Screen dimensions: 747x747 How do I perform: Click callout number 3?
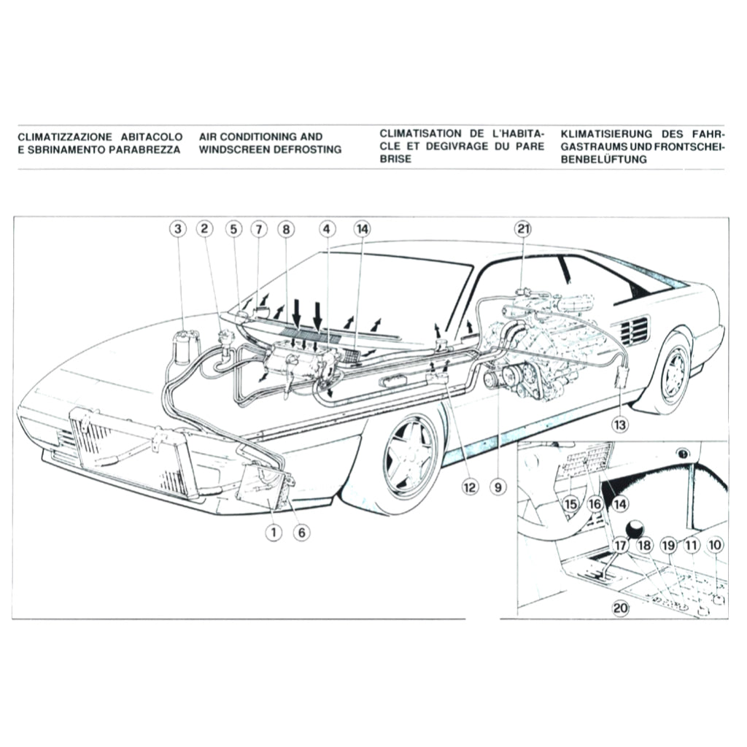click(177, 229)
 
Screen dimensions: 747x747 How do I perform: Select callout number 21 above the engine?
click(522, 229)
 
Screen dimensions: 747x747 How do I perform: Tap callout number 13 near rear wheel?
click(619, 422)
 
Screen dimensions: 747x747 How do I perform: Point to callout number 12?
click(469, 484)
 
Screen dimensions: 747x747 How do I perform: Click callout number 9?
click(498, 484)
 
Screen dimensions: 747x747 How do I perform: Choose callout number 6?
click(301, 532)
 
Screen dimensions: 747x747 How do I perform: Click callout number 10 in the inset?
click(715, 544)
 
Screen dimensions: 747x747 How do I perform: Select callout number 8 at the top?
click(286, 229)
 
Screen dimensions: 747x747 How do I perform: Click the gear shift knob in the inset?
click(637, 528)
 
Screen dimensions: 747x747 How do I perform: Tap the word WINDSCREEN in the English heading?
click(226, 150)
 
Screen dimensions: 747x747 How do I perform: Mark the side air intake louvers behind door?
click(632, 330)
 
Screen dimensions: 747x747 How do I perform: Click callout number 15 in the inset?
click(570, 503)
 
